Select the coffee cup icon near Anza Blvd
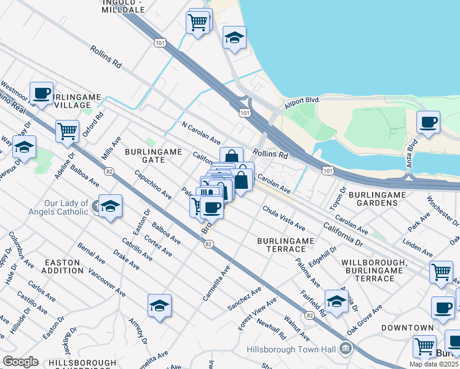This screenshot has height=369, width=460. [428, 121]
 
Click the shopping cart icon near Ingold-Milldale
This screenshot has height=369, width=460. [198, 23]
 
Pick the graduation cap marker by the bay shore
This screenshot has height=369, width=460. [234, 38]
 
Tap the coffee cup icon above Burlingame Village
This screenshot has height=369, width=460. [41, 93]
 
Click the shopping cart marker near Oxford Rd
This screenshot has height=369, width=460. [67, 130]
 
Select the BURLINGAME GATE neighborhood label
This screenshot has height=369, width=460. [145, 155]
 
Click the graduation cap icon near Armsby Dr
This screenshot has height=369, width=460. [159, 305]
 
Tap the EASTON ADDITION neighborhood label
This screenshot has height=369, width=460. [62, 266]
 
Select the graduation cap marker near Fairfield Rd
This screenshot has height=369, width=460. [336, 301]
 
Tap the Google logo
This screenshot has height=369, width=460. [20, 362]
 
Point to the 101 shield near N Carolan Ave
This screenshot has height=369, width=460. [245, 113]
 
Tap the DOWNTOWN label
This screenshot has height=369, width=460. [406, 328]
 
